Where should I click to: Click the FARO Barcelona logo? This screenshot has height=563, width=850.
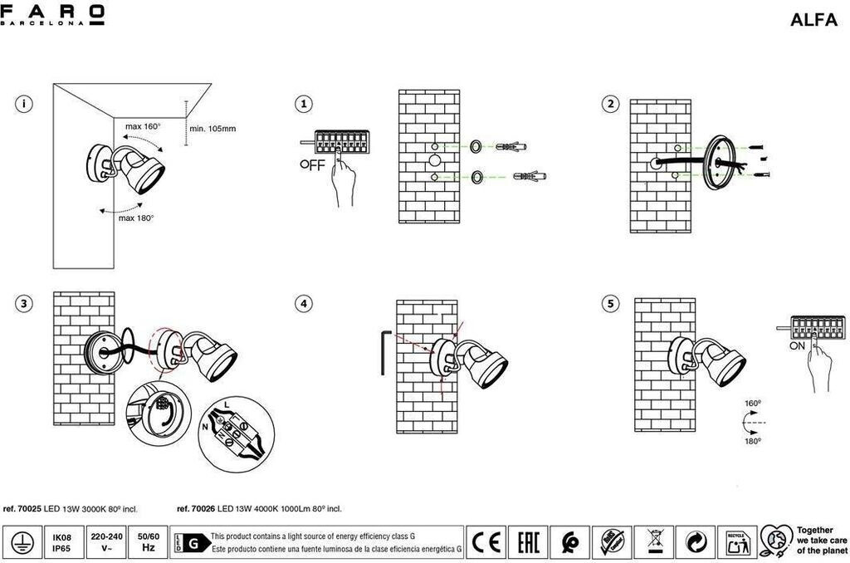pos(53,15)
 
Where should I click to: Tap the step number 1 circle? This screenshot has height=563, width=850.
pos(305,104)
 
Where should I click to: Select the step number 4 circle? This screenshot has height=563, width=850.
pos(305,304)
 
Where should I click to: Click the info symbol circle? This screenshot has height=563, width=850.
pos(26,104)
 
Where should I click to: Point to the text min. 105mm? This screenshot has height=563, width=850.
pos(212,129)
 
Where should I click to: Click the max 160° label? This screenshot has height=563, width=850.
pos(142,127)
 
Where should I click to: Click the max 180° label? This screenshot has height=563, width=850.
pos(135,218)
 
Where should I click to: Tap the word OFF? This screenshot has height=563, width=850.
pos(313,164)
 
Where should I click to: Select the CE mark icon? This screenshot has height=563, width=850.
pos(485,542)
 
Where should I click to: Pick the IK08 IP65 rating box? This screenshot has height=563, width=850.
pos(61,542)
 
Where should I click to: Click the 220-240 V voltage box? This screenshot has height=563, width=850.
pos(106,542)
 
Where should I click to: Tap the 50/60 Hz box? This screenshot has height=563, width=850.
pos(149,542)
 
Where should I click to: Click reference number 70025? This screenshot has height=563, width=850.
pos(22,509)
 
